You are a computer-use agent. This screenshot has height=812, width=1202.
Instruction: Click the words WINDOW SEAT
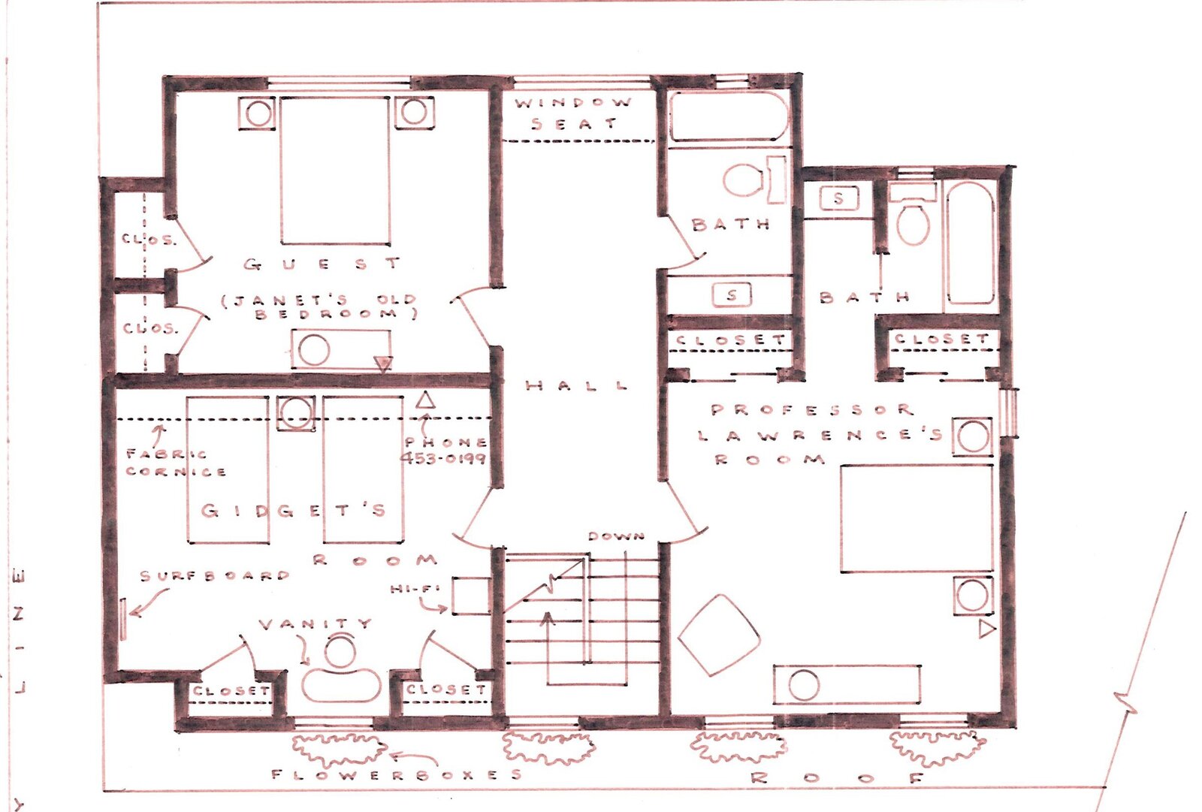pyautogui.click(x=574, y=113)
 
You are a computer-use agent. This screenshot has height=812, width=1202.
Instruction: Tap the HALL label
pyautogui.click(x=577, y=385)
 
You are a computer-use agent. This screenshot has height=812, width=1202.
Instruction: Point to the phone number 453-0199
pyautogui.click(x=443, y=458)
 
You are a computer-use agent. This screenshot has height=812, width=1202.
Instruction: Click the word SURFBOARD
pyautogui.click(x=215, y=576)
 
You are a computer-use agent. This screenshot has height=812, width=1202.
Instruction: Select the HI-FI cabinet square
pyautogui.click(x=470, y=596)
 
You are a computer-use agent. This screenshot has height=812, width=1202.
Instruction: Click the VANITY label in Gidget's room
pyautogui.click(x=315, y=623)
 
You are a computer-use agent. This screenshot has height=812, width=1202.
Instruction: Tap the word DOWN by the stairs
pyautogui.click(x=616, y=536)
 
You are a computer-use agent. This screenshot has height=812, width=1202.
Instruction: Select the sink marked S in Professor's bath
pyautogui.click(x=838, y=198)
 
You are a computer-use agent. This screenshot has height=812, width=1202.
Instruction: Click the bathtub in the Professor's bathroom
pyautogui.click(x=971, y=243)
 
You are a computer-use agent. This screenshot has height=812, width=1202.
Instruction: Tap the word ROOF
pyautogui.click(x=837, y=778)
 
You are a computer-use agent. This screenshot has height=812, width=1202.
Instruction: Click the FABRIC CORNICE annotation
pyautogui.click(x=176, y=463)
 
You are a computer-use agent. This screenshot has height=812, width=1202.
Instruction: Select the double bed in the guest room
pyautogui.click(x=335, y=171)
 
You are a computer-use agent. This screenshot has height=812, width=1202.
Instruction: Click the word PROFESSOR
pyautogui.click(x=812, y=410)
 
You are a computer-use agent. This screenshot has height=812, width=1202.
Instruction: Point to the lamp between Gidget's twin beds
pyautogui.click(x=296, y=414)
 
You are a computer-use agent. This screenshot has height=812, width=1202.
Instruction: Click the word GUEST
pyautogui.click(x=322, y=264)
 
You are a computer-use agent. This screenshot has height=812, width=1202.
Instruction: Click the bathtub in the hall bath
pyautogui.click(x=729, y=117)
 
